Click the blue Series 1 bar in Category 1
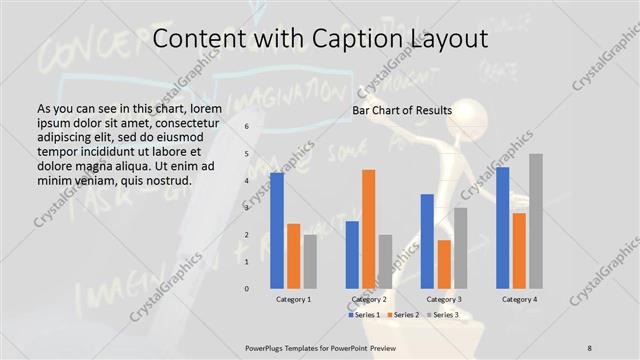click(x=277, y=231)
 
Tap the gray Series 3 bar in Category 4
click(x=536, y=221)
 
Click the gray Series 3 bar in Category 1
click(x=311, y=261)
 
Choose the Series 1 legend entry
click(x=365, y=315)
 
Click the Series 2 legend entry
click(x=405, y=315)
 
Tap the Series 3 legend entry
click(x=444, y=315)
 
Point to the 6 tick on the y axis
click(x=247, y=127)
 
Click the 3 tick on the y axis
click(x=247, y=208)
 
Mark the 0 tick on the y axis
click(x=247, y=289)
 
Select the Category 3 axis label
click(x=444, y=299)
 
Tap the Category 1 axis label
click(x=294, y=299)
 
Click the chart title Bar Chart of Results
click(x=402, y=110)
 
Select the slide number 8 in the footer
click(x=589, y=347)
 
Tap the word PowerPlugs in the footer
click(x=269, y=347)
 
